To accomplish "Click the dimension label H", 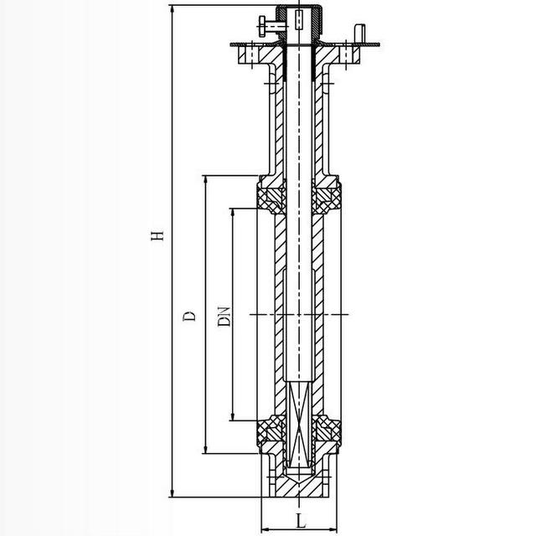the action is [x=157, y=235].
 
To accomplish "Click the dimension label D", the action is [x=189, y=316].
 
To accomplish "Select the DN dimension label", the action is [x=224, y=317].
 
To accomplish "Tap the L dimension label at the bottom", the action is [x=301, y=520].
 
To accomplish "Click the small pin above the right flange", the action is [x=360, y=33].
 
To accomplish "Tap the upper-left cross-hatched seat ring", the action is [x=271, y=199].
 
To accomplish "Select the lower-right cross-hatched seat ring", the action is [x=327, y=430].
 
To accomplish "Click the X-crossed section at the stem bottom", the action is [x=299, y=425].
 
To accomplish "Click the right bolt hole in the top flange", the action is [x=346, y=54].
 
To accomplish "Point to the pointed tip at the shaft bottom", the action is [x=299, y=482].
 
